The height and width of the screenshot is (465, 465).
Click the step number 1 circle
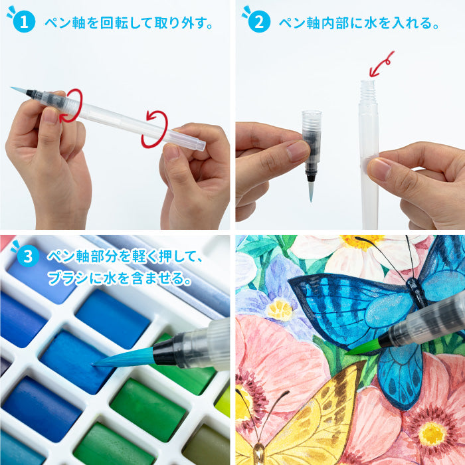(25, 23)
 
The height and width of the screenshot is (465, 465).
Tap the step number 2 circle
(259, 23)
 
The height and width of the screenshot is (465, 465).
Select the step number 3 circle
(27, 256)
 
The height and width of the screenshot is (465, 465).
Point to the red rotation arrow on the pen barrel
(154, 129)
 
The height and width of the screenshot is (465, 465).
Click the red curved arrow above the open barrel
(381, 64)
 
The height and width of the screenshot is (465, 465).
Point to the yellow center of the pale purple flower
(280, 308)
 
